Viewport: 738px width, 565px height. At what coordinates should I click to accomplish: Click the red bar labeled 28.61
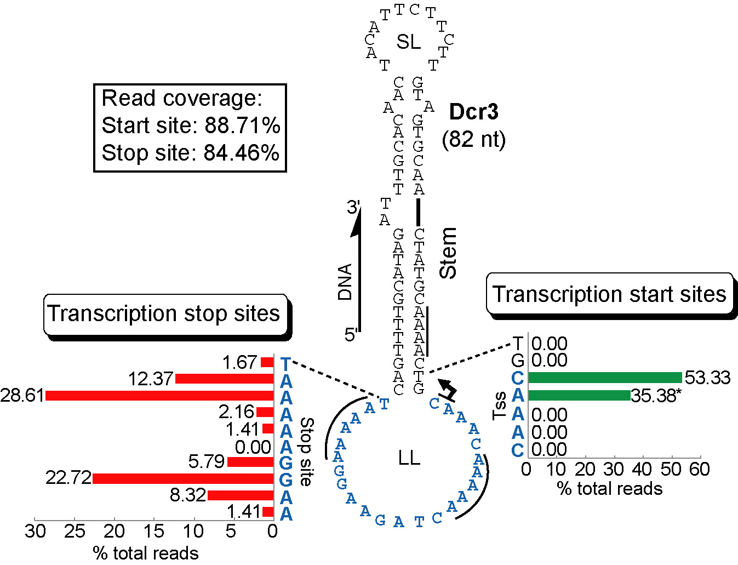click(x=159, y=396)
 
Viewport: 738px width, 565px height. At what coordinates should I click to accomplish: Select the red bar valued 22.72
click(x=183, y=478)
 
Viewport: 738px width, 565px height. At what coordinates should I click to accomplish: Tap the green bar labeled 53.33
click(x=605, y=378)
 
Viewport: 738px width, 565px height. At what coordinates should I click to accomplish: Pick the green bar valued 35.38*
click(x=579, y=395)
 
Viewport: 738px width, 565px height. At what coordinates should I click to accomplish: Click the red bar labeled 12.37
click(x=224, y=379)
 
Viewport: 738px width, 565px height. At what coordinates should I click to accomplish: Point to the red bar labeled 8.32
click(x=240, y=495)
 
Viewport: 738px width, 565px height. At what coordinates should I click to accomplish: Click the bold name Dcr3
click(x=473, y=112)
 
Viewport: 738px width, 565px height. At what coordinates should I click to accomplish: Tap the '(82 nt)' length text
click(x=473, y=139)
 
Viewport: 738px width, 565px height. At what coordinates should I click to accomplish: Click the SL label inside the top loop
click(x=409, y=42)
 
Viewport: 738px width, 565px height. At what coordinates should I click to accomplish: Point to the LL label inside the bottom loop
click(x=409, y=458)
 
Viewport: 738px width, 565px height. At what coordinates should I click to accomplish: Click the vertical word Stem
click(x=448, y=253)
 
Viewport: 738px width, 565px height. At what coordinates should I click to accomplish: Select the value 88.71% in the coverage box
click(x=242, y=125)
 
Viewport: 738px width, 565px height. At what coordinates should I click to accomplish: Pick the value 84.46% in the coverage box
click(x=241, y=153)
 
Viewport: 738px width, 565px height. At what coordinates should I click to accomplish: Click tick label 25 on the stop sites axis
click(x=75, y=531)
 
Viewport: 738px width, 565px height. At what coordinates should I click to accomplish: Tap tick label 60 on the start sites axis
click(x=700, y=470)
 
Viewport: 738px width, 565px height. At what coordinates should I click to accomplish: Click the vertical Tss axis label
click(x=500, y=406)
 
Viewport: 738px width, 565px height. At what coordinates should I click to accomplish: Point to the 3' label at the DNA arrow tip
click(x=353, y=207)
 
